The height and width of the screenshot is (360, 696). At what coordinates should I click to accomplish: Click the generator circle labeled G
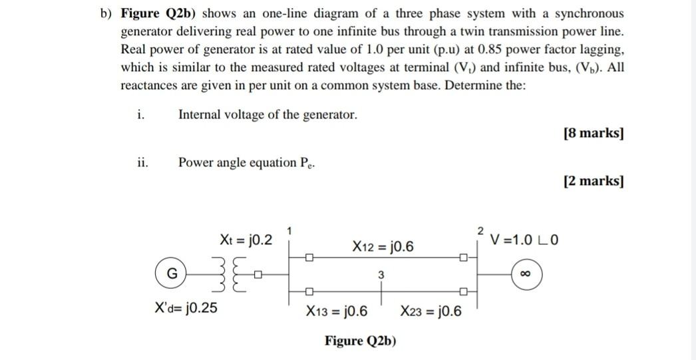[172, 274]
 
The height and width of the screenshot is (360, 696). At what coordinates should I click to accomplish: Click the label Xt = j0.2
[246, 240]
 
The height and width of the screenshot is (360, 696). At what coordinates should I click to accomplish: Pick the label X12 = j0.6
[383, 247]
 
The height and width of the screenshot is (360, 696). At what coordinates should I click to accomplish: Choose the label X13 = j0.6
[337, 311]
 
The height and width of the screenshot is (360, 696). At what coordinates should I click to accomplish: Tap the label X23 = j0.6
[431, 311]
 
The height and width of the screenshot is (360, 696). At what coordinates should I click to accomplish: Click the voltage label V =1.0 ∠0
[524, 240]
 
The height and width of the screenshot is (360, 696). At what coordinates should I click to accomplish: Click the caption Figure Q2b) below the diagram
[360, 341]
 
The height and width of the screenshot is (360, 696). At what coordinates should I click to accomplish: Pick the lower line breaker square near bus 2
[463, 291]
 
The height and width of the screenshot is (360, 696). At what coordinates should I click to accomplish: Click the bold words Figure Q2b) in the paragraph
[160, 13]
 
